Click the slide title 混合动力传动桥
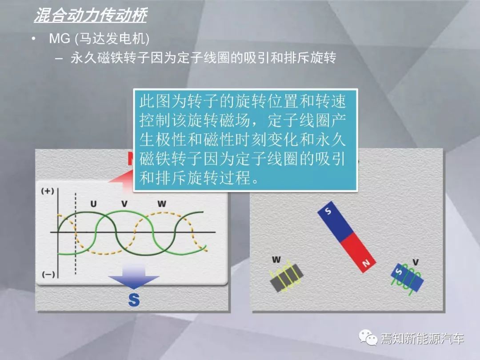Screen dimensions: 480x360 coord(91,15)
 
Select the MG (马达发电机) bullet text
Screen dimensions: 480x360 coord(99,39)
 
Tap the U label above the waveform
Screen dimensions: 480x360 coord(93,204)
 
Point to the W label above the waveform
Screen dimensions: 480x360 coord(162,204)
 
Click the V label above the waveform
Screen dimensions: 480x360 coord(124,204)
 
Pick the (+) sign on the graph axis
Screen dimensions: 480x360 coord(48,191)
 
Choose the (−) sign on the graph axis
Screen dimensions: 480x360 coord(48,274)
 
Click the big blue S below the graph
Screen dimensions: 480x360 coord(134,300)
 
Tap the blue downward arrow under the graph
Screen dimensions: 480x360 coord(134,277)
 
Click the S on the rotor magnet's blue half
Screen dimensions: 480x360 coord(328,211)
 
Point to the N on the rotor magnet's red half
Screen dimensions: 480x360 coord(366,263)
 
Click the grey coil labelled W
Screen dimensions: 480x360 coord(287,277)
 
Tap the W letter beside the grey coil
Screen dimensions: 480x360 coord(276,260)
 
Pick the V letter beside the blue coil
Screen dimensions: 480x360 coord(416,262)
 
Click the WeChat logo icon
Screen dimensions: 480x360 coord(368,337)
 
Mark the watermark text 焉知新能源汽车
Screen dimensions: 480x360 coord(422,338)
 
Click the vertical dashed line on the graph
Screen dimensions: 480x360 coord(75,234)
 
